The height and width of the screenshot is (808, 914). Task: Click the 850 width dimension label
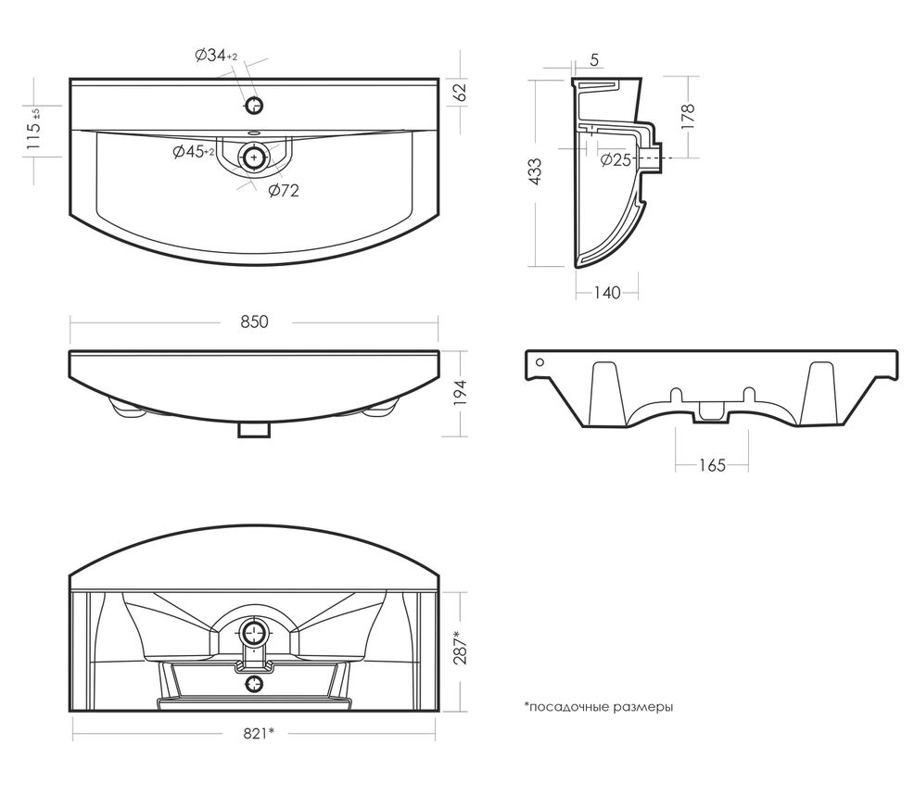(254, 322)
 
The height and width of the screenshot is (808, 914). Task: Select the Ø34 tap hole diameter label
(216, 57)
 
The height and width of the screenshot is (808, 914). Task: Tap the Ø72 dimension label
(283, 191)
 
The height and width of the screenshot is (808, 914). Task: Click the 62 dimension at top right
(461, 93)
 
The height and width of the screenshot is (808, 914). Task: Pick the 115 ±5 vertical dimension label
(34, 130)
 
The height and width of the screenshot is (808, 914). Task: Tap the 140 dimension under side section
(605, 293)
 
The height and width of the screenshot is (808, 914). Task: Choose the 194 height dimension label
(461, 394)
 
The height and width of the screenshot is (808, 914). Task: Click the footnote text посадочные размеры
(598, 707)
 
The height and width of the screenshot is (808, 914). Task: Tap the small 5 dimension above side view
(592, 61)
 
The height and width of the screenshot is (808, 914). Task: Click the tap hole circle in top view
(256, 104)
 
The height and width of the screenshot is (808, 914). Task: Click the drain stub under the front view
(253, 428)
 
